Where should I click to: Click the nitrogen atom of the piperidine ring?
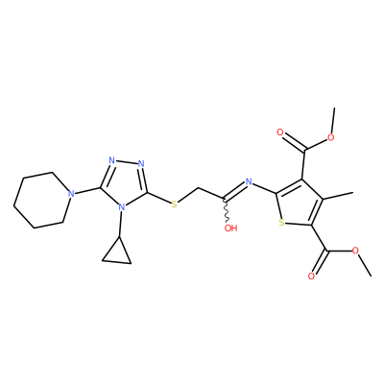coord(71,194)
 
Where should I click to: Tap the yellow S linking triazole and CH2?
coord(174,204)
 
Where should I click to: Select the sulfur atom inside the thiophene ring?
coord(281,222)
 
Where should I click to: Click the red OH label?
coord(230,228)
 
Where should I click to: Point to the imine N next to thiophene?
coord(249,182)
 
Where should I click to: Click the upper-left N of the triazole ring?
coord(111,160)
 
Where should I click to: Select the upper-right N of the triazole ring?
coord(141,164)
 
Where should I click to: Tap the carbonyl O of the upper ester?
coord(280,132)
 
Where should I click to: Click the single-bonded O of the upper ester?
coord(330,137)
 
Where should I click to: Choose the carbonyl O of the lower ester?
coord(311,276)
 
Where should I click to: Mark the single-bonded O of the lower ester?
coord(355,251)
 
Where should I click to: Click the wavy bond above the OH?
coord(227,210)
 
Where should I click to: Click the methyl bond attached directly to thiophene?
coord(338,196)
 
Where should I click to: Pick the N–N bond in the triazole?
coord(127,162)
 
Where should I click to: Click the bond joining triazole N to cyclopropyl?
coord(120,225)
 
